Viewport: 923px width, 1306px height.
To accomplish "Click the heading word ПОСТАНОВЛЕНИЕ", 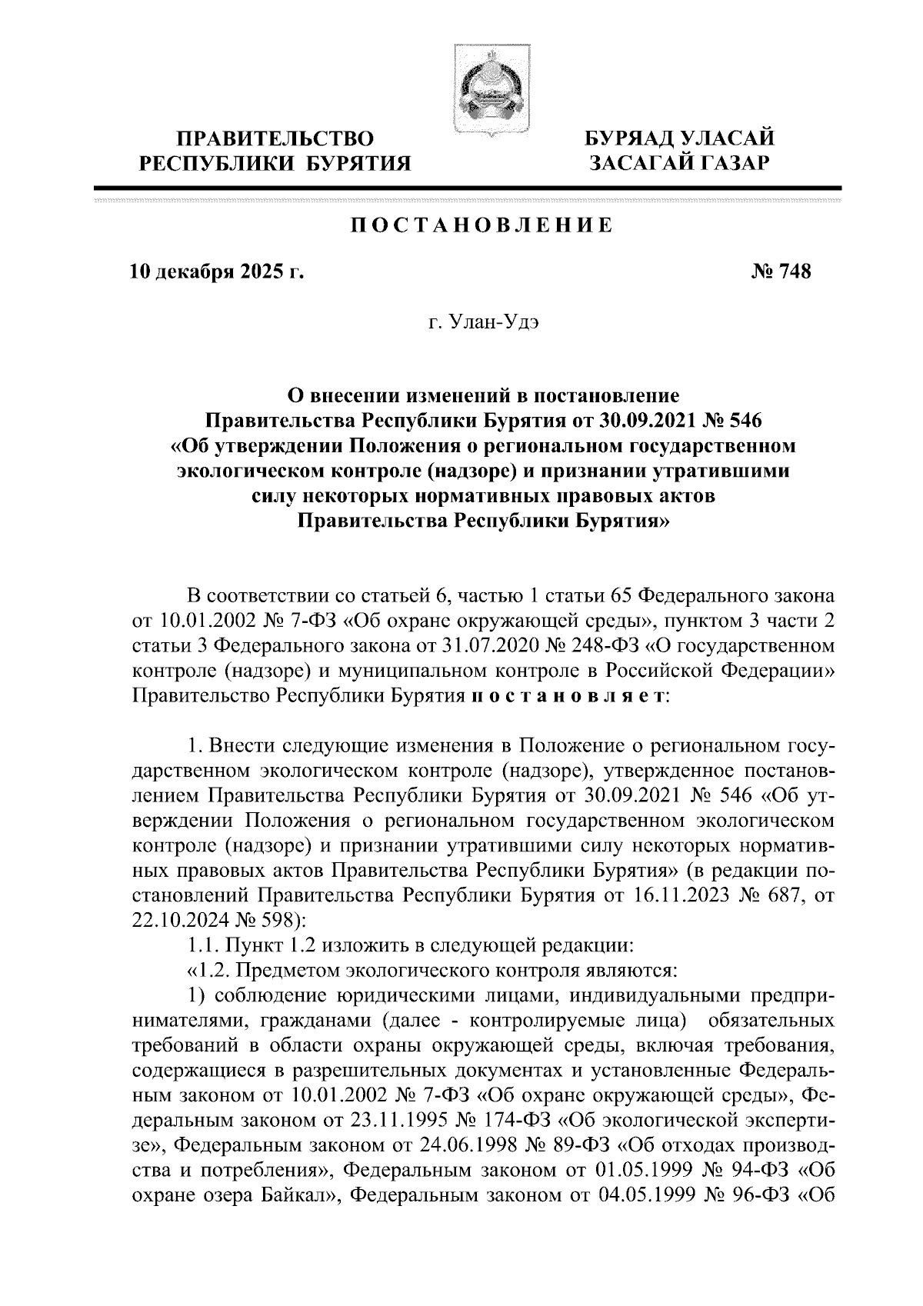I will (x=481, y=225).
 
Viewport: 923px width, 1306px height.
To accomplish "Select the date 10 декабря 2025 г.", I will (x=216, y=272).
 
